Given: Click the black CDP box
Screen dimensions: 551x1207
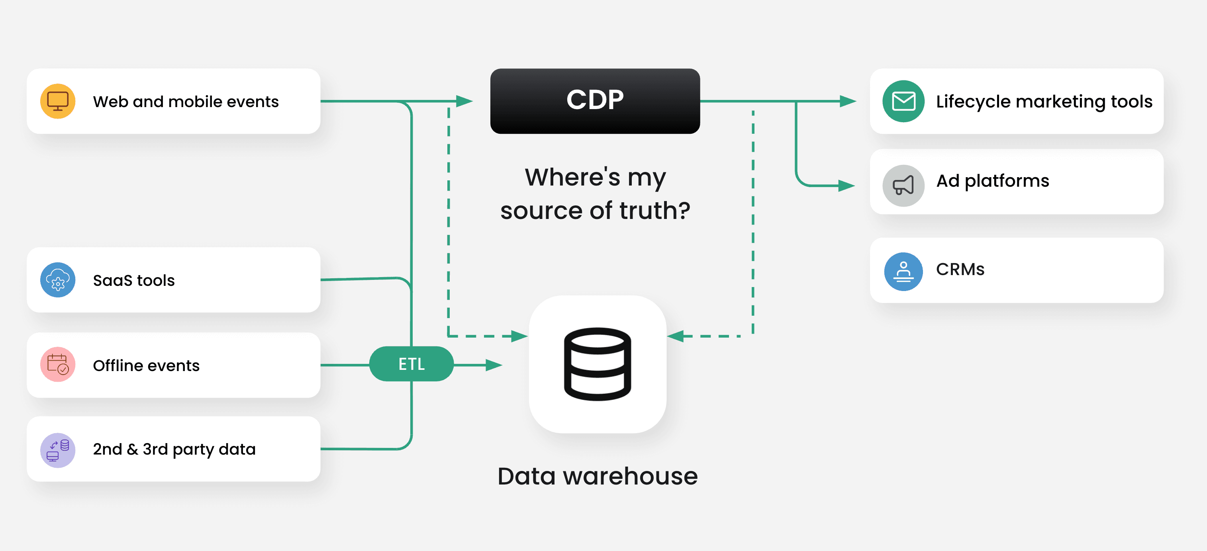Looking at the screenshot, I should (x=595, y=101).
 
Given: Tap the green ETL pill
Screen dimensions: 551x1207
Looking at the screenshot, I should (x=411, y=364).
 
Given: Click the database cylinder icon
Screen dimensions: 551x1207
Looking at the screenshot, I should (x=598, y=364).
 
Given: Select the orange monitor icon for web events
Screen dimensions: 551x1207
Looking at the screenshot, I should (x=58, y=101).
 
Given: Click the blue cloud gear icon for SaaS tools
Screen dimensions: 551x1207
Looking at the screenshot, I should (x=58, y=280).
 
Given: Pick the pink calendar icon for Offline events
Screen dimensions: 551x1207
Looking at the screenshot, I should (x=58, y=364).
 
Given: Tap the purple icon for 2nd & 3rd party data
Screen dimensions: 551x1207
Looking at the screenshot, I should (x=58, y=450).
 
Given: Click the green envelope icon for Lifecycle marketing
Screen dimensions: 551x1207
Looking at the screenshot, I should (x=903, y=101).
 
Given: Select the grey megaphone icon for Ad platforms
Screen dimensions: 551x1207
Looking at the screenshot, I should (x=903, y=186).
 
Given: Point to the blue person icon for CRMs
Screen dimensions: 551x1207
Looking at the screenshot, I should (x=903, y=272).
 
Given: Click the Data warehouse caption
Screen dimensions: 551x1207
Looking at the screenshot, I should (x=598, y=476).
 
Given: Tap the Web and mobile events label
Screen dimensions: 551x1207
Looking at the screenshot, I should (x=186, y=102).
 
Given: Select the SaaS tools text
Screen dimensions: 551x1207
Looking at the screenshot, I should (x=133, y=280).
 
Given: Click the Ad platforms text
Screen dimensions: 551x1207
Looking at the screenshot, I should (x=992, y=181).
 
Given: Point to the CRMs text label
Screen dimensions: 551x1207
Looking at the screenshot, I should (x=960, y=269).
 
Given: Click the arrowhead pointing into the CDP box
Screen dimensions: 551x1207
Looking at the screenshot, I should (x=464, y=101).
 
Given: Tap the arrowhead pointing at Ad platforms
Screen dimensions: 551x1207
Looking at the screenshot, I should (x=846, y=186).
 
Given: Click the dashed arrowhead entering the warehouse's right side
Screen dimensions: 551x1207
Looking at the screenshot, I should (x=676, y=336).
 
